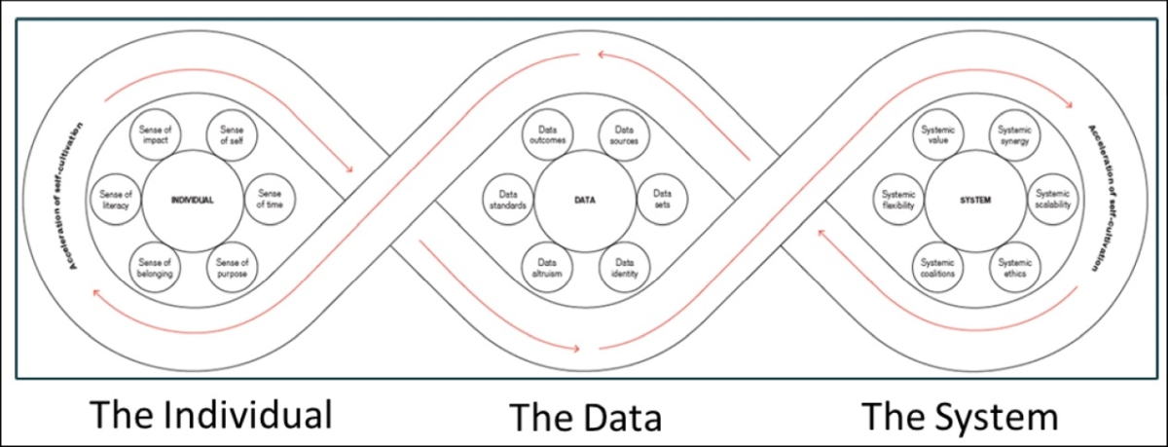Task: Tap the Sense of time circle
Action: pos(268,200)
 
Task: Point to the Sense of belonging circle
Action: pos(155,267)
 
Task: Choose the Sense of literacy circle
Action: pos(116,200)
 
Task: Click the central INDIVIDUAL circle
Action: pos(191,200)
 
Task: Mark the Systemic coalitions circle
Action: pos(937,267)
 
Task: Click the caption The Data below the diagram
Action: pos(586,418)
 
